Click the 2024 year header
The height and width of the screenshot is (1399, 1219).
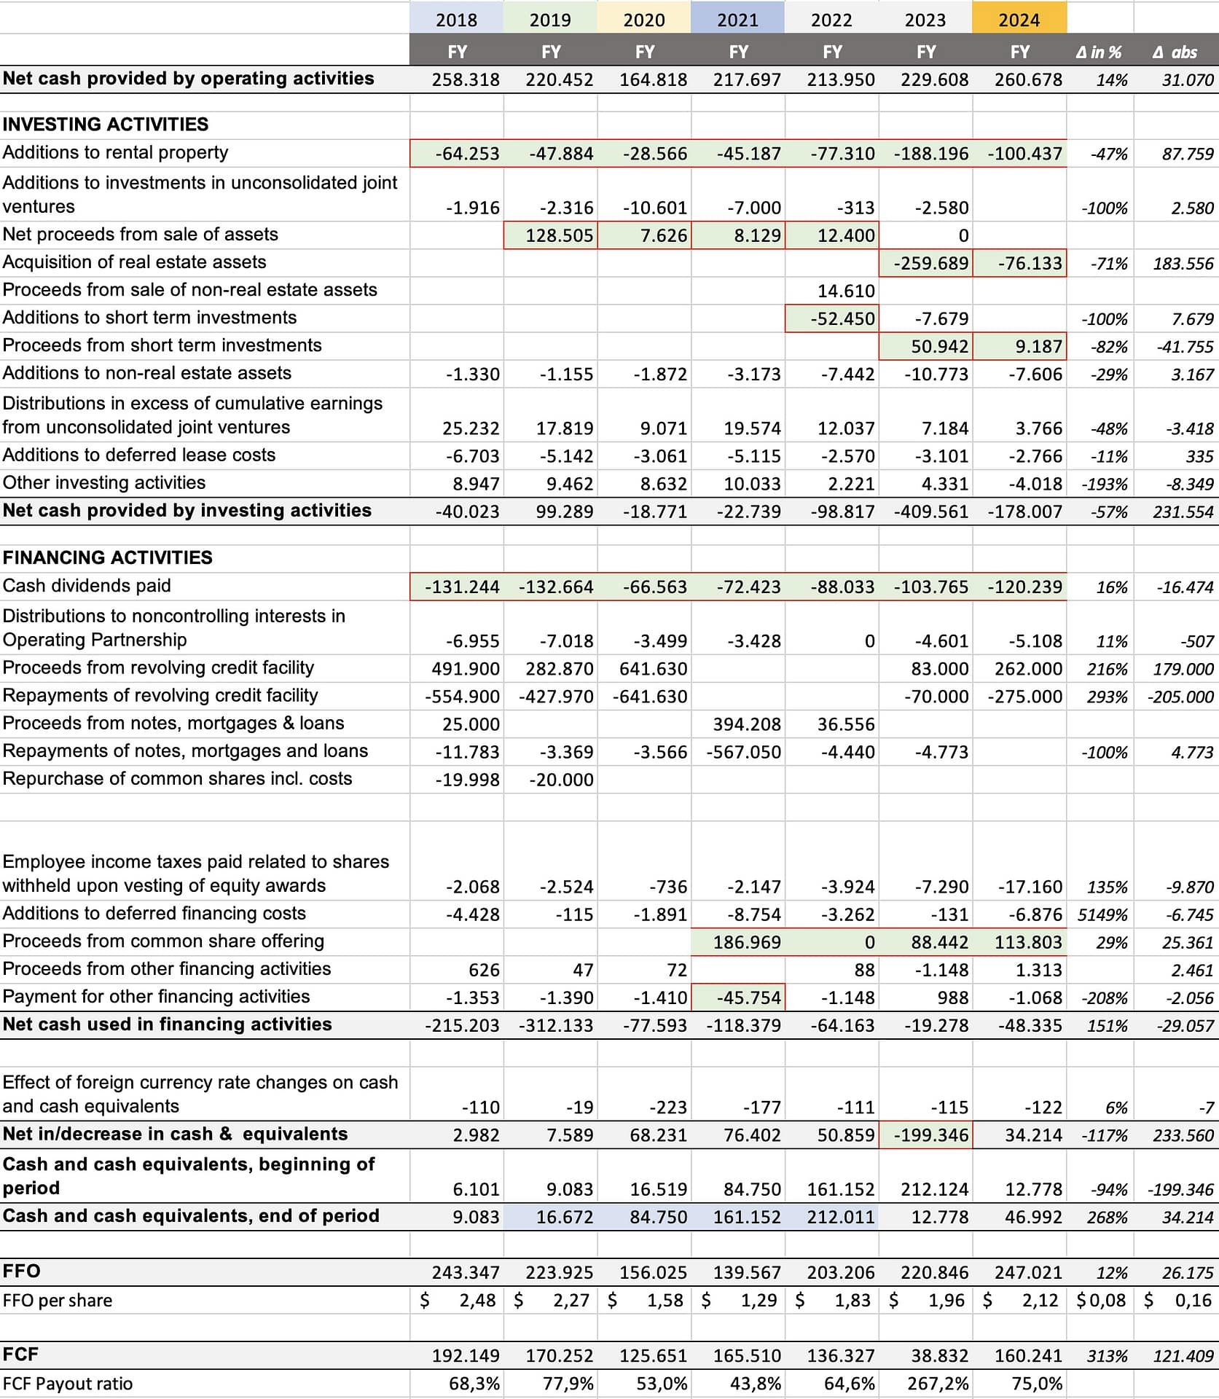[x=1019, y=20]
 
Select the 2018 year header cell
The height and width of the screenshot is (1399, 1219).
[x=456, y=20]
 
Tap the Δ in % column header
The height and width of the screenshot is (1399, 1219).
[x=1099, y=52]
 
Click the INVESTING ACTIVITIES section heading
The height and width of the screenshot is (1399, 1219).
[x=106, y=125]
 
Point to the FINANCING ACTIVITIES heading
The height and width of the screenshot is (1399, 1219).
[x=108, y=557]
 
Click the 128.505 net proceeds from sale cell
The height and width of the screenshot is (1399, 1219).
[x=559, y=235]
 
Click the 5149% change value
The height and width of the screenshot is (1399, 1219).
[x=1102, y=914]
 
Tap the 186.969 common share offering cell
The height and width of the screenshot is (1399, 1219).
[x=747, y=942]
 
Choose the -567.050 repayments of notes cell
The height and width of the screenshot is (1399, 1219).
[x=743, y=752]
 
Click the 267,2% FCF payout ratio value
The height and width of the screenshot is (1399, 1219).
[x=938, y=1384]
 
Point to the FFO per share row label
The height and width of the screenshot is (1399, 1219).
[x=58, y=1301]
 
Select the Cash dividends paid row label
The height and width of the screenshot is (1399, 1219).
[x=87, y=586]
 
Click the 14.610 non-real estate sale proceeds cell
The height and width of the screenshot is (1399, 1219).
[x=846, y=291]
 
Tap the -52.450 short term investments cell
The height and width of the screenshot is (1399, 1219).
[x=842, y=318]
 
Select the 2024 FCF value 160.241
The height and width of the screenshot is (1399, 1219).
[x=1028, y=1356]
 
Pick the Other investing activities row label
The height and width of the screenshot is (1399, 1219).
[x=104, y=482]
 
